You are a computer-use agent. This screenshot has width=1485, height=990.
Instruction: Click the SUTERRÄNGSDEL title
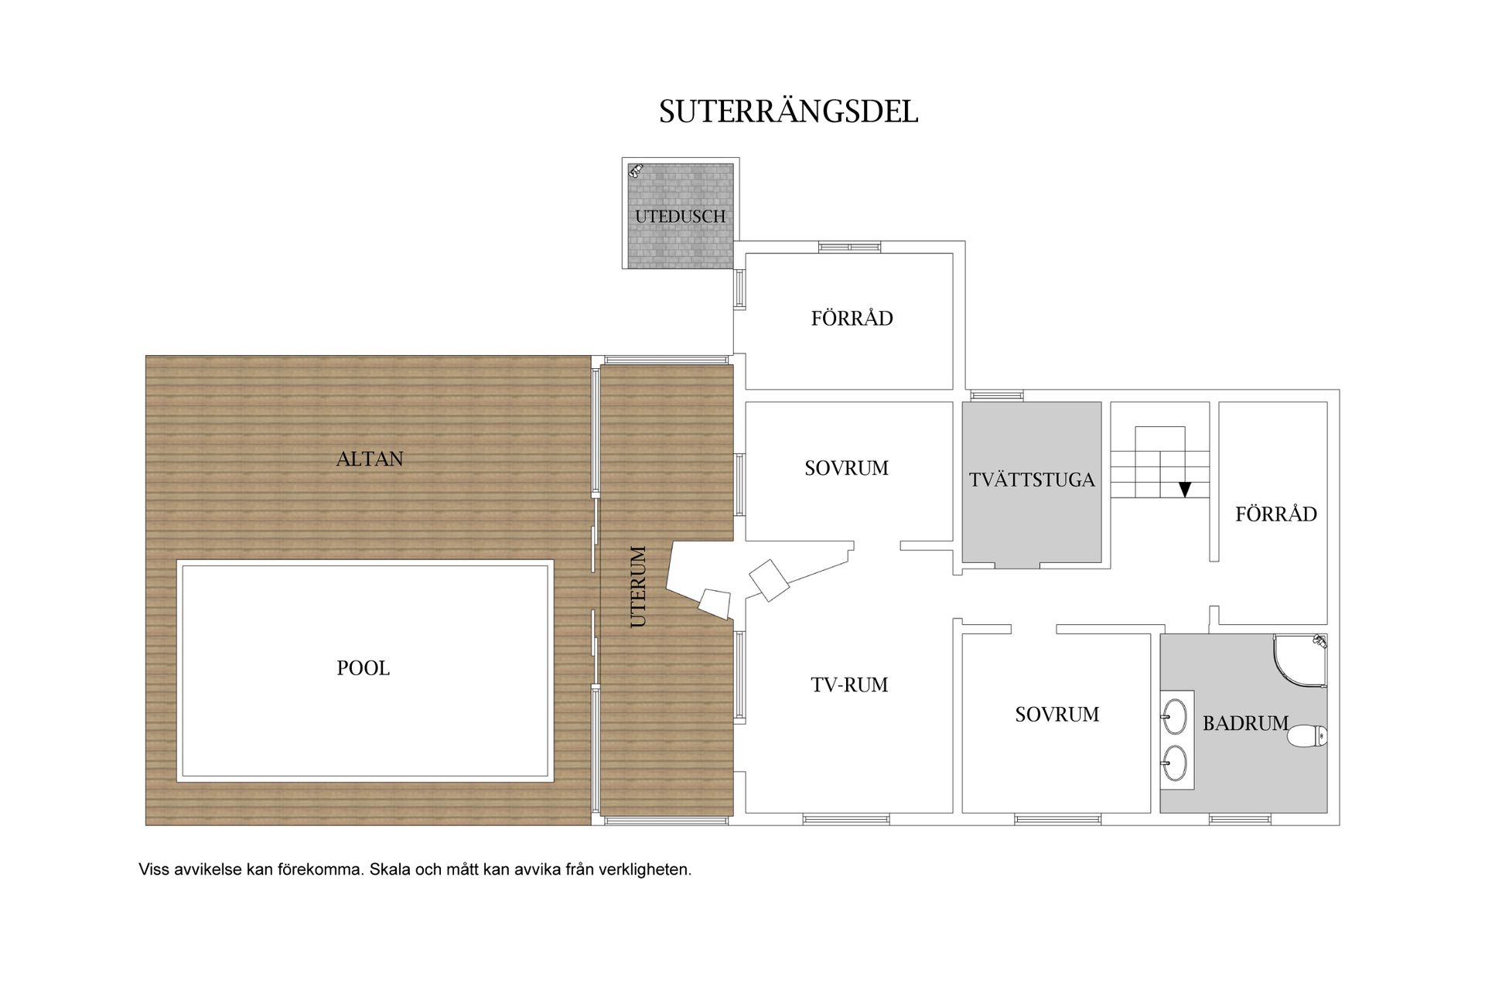click(788, 111)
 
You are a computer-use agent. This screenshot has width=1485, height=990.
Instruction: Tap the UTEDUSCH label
click(681, 217)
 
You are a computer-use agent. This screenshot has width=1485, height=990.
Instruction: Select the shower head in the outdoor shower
click(637, 170)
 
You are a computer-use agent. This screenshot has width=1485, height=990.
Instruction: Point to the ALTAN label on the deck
click(370, 459)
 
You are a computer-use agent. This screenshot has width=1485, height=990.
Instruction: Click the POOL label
click(364, 667)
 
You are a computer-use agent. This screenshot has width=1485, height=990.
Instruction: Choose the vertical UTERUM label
click(638, 586)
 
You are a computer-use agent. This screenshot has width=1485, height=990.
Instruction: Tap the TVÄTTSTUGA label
click(1032, 480)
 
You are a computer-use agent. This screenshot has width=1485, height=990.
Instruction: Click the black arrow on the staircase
click(1184, 489)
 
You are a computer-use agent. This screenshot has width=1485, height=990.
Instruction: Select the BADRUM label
click(1245, 723)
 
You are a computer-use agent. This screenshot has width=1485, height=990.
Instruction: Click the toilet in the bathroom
click(1307, 736)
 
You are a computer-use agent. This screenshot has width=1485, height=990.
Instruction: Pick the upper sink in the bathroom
click(1174, 717)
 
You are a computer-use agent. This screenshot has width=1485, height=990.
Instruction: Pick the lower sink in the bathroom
click(1174, 763)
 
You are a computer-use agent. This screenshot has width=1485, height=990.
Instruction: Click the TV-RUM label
click(849, 684)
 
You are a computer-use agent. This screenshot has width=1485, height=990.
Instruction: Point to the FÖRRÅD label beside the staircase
click(1276, 514)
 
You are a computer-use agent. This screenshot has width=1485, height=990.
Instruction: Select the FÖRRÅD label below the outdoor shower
click(852, 318)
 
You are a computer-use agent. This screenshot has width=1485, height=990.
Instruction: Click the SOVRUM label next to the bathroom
click(1057, 714)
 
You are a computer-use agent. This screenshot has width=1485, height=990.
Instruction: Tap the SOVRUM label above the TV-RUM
click(847, 468)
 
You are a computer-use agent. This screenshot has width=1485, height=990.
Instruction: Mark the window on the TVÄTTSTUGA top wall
click(997, 395)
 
